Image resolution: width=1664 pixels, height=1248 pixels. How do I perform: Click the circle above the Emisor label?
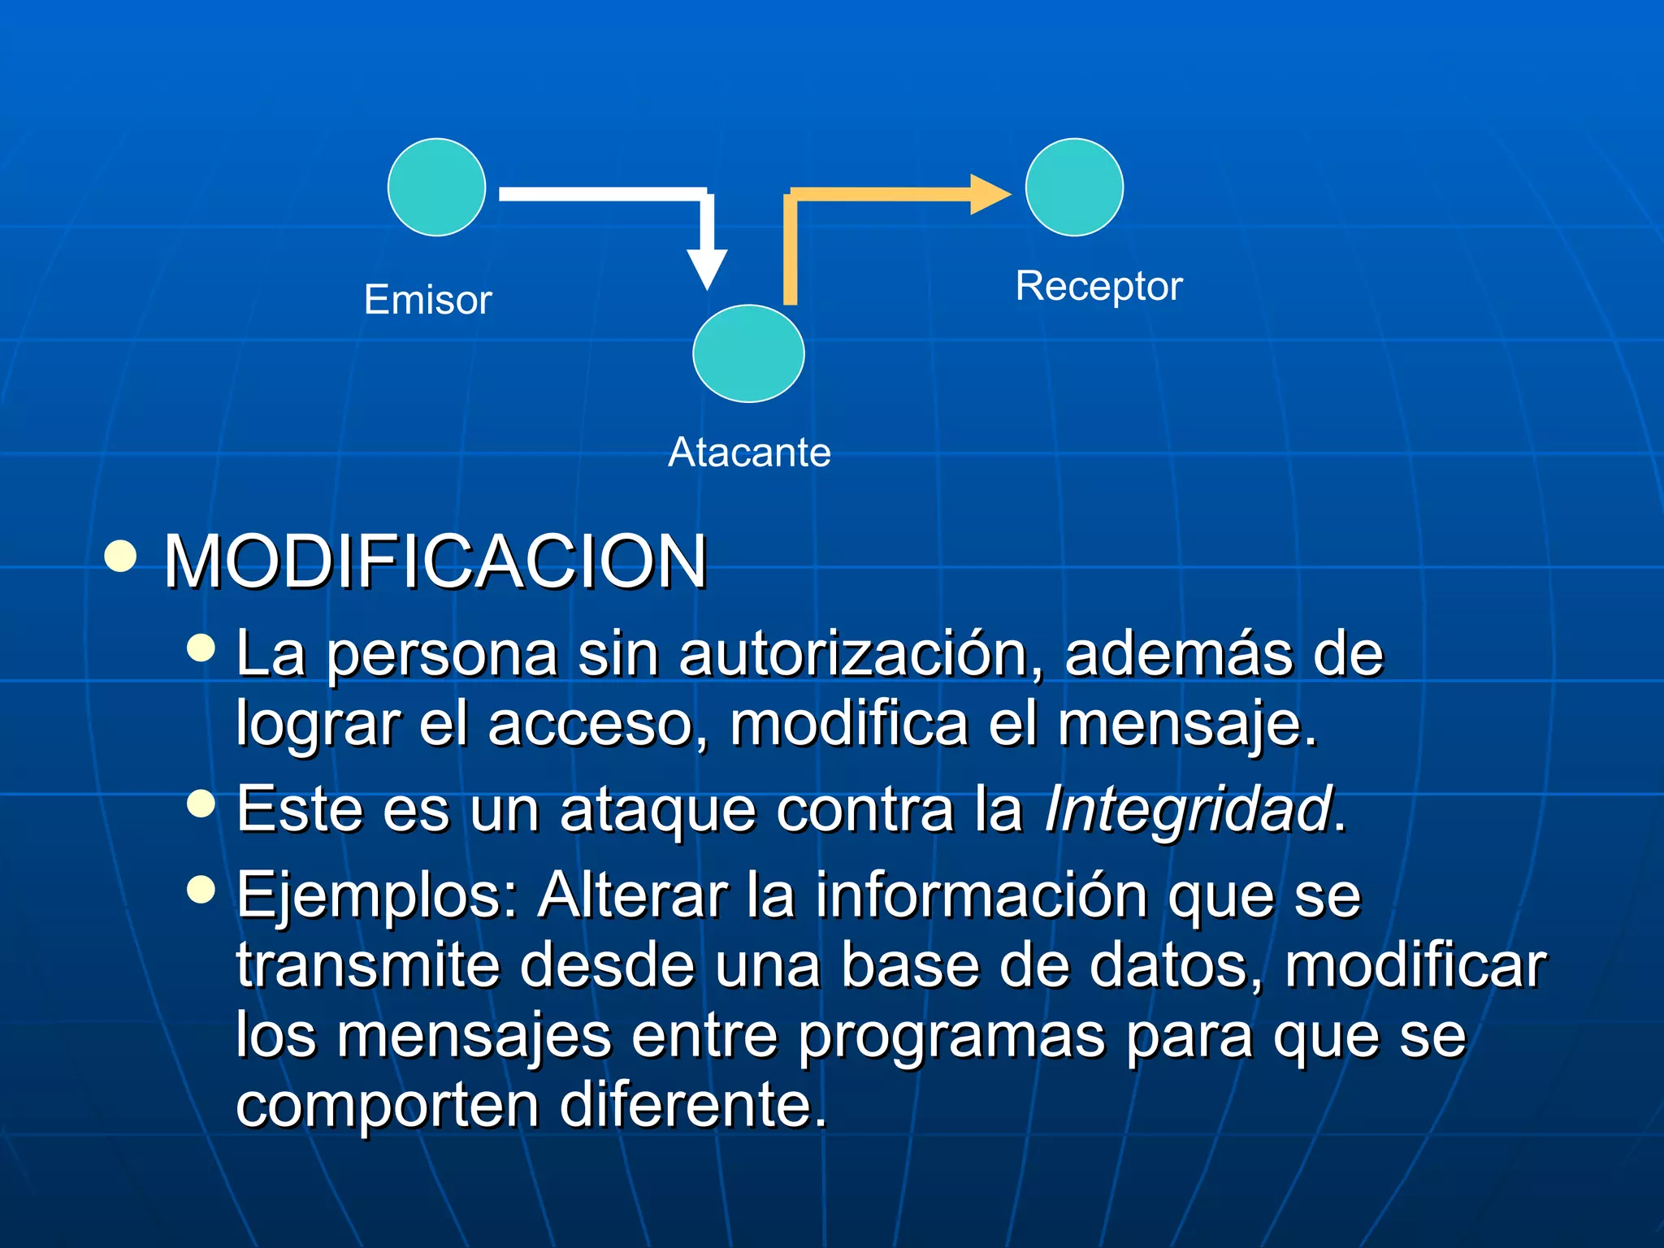[x=436, y=187]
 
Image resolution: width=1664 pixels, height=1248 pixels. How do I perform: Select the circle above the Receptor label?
[x=1074, y=187]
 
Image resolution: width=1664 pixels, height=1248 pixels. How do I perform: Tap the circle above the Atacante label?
[x=748, y=353]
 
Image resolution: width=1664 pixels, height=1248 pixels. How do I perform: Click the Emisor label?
[x=427, y=300]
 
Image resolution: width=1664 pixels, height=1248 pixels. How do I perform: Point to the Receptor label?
[x=1098, y=286]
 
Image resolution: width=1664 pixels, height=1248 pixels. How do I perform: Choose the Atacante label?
[x=749, y=452]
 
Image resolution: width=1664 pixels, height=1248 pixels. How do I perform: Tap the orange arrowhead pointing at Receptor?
[x=989, y=194]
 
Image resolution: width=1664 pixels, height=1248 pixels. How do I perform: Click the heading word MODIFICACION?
[x=435, y=561]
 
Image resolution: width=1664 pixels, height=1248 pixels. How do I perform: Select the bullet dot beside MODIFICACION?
[x=120, y=557]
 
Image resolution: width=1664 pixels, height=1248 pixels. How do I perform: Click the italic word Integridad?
[x=1189, y=809]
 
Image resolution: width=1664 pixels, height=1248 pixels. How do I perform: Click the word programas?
[x=951, y=1037]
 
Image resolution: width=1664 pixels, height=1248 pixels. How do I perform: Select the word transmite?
[x=368, y=965]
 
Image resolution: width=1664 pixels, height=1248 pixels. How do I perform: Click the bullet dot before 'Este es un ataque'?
[x=201, y=804]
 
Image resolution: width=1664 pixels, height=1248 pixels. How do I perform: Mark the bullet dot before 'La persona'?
[x=201, y=648]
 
